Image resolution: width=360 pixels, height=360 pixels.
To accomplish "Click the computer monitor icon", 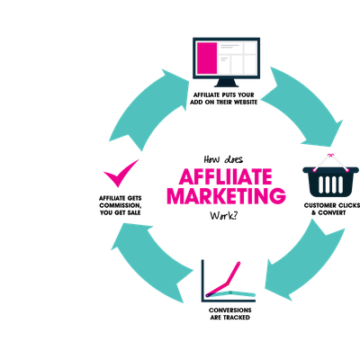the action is point(226,62).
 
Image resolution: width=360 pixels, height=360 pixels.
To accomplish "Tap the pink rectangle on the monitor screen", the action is point(207,58).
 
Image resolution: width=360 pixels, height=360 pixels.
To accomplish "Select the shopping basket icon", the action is point(330,175).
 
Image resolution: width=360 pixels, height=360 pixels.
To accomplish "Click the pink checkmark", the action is point(121,173).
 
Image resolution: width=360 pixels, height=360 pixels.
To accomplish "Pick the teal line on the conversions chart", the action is point(230,293).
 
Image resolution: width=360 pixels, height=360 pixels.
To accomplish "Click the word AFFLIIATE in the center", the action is point(226,176).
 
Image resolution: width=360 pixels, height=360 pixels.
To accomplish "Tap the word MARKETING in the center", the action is point(226,196).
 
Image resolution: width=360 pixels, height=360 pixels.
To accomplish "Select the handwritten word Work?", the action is point(223,216).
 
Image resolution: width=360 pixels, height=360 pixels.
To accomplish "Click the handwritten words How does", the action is point(223,159).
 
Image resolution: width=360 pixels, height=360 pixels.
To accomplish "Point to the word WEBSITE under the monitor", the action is point(246,103).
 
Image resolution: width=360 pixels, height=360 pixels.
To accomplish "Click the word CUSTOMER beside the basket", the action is point(319,205).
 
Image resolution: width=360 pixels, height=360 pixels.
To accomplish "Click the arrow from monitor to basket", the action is point(303,105).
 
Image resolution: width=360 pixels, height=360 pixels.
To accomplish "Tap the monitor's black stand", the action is point(226,82).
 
